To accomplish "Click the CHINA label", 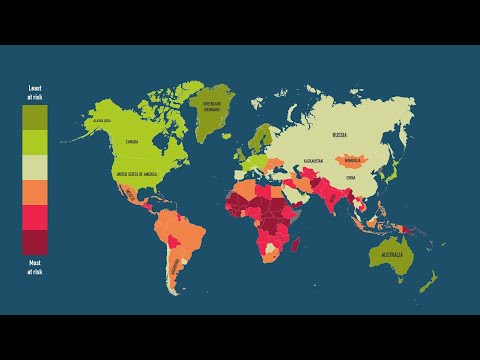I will (x=350, y=177).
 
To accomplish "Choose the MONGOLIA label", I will (x=351, y=159).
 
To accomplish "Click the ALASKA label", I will (x=101, y=120).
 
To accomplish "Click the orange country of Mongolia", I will (x=351, y=161).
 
